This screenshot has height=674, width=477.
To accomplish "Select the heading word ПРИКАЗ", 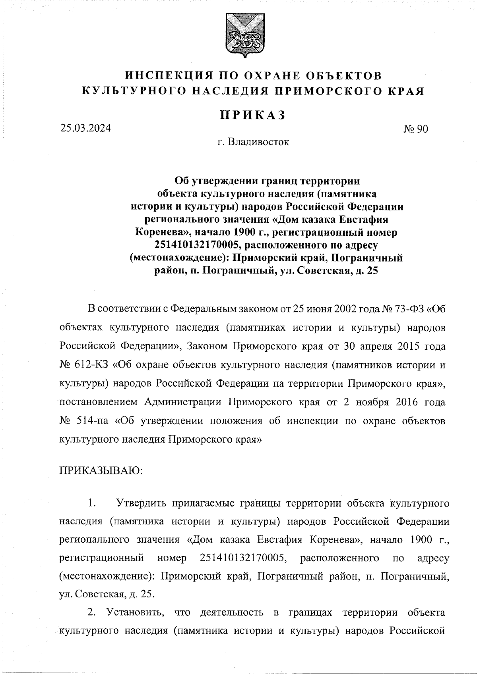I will coord(253,115).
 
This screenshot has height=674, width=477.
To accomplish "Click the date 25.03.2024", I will coord(85,129).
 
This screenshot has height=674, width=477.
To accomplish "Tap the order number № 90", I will coord(415,129).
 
